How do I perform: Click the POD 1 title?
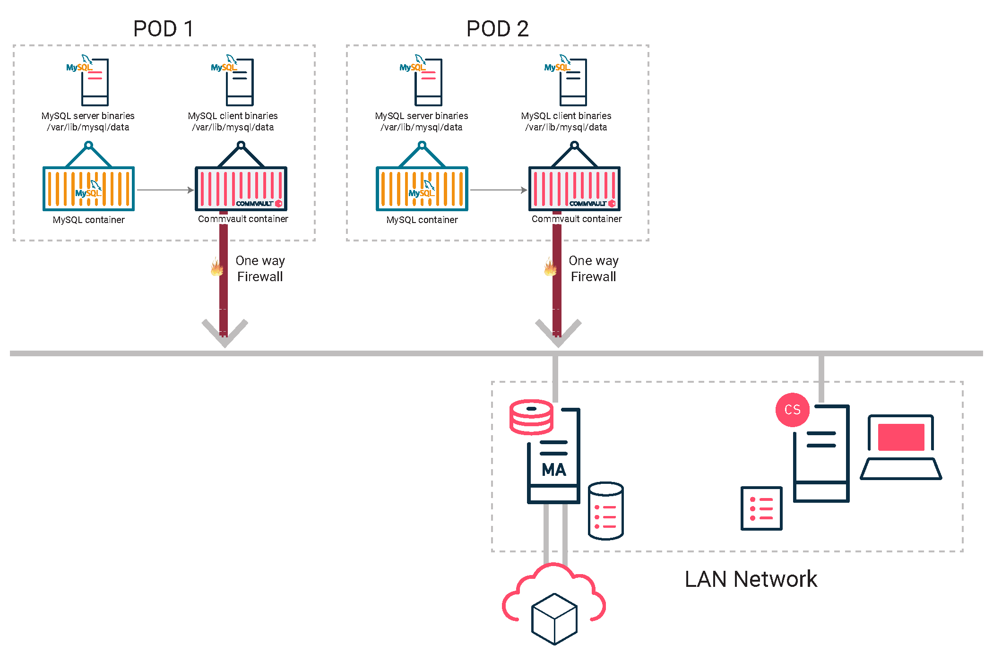coord(164,29)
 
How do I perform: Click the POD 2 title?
coord(497,29)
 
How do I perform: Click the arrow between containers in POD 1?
coord(165,190)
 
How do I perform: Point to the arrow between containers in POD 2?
coord(498,190)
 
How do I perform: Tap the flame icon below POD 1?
coord(217,267)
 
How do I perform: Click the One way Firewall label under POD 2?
coord(593,268)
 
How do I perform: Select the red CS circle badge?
coord(792,410)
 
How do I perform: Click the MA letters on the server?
coord(553,470)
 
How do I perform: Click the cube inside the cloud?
coord(554,619)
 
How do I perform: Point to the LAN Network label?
coord(751,579)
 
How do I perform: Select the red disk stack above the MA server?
coord(531,417)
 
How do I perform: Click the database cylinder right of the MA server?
coord(605,511)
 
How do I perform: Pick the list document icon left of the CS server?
coord(761,508)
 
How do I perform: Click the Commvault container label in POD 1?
coord(243,219)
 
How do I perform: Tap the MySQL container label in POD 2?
coord(422,220)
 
